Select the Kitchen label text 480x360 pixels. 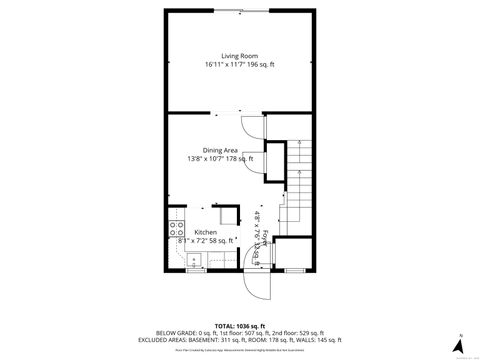[191, 232]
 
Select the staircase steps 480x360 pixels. [298, 185]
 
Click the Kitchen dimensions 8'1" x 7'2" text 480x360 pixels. [191, 241]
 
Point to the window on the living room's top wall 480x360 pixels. [240, 11]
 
